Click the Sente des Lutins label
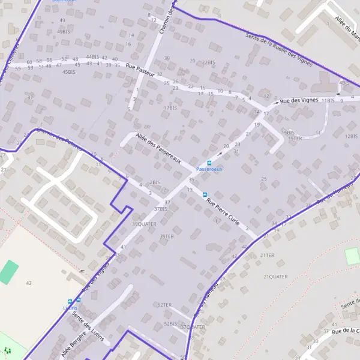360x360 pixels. pyautogui.click(x=88, y=326)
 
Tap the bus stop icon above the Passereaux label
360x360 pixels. pyautogui.click(x=209, y=163)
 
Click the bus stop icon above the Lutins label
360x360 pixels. pyautogui.click(x=70, y=301)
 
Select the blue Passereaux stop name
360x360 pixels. pyautogui.click(x=209, y=170)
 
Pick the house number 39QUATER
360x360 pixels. pyautogui.click(x=144, y=224)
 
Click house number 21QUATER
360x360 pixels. pyautogui.click(x=275, y=277)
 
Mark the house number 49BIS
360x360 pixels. pyautogui.click(x=63, y=31)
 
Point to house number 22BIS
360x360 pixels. pyautogui.click(x=208, y=62)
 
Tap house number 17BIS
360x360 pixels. pyautogui.click(x=170, y=108)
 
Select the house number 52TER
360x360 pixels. pyautogui.click(x=164, y=305)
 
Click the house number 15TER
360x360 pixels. pyautogui.click(x=295, y=139)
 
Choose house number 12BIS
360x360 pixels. pyautogui.click(x=350, y=136)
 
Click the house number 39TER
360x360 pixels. pyautogui.click(x=166, y=236)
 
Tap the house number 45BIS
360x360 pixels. pyautogui.click(x=69, y=72)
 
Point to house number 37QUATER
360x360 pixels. pyautogui.click(x=193, y=327)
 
